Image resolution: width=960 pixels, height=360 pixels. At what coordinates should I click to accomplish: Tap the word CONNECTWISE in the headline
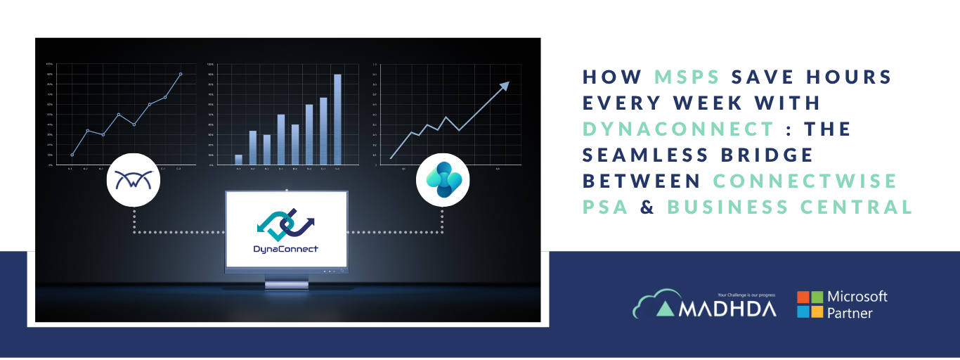pyautogui.click(x=805, y=181)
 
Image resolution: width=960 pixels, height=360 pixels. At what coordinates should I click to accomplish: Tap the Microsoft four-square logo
pyautogui.click(x=810, y=304)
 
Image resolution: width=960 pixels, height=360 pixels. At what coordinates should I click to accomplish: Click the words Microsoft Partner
pyautogui.click(x=857, y=304)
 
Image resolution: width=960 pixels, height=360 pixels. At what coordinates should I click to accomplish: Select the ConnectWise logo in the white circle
pyautogui.click(x=134, y=181)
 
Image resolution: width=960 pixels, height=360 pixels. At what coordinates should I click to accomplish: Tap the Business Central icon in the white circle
pyautogui.click(x=443, y=181)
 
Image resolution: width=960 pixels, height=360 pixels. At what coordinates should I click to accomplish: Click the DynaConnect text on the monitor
pyautogui.click(x=286, y=249)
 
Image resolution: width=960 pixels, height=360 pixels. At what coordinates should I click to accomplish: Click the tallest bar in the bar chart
pyautogui.click(x=337, y=119)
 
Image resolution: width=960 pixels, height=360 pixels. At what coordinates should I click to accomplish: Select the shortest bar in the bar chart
pyautogui.click(x=238, y=159)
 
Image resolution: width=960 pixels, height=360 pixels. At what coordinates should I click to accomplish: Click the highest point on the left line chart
pyautogui.click(x=180, y=74)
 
